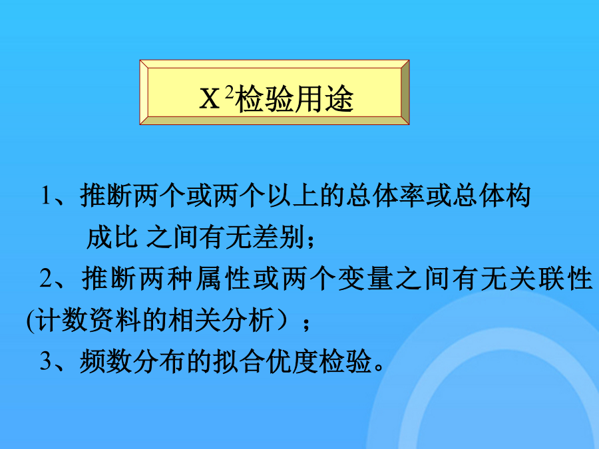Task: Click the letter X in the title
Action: click(210, 98)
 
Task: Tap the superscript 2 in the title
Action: click(229, 92)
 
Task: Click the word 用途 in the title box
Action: click(324, 99)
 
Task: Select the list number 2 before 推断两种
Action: click(46, 278)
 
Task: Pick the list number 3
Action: click(46, 361)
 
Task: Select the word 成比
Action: click(112, 237)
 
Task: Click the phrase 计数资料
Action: click(89, 319)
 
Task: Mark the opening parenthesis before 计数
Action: click(31, 320)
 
